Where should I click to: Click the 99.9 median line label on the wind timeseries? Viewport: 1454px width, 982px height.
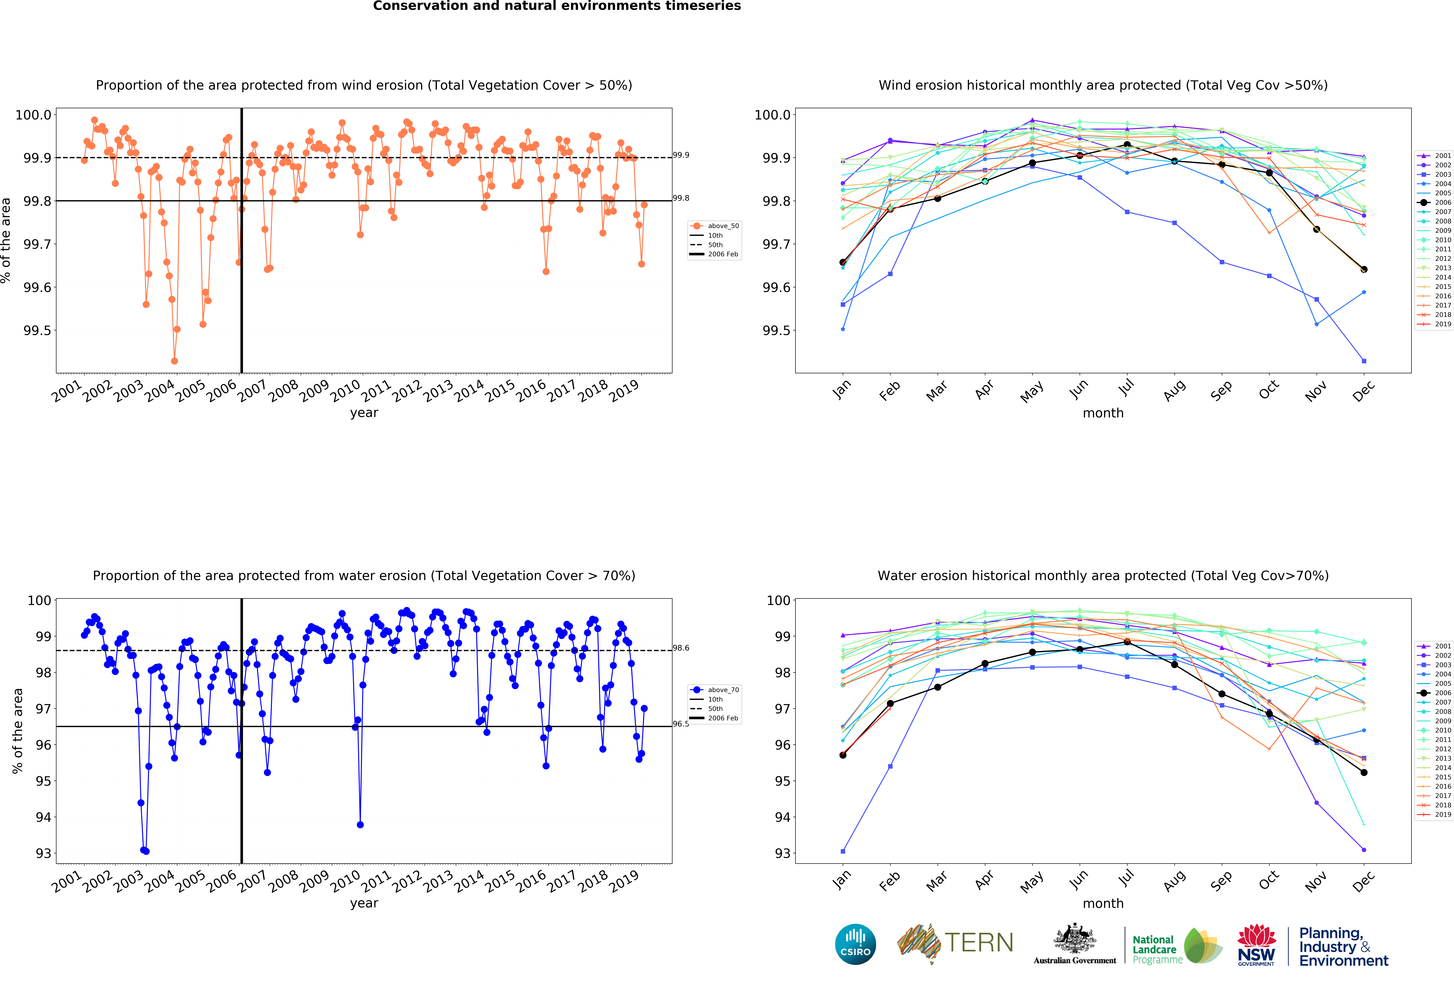click(x=681, y=155)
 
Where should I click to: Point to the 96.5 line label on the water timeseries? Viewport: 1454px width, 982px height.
click(x=681, y=724)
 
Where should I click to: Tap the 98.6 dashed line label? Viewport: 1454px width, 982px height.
click(x=681, y=648)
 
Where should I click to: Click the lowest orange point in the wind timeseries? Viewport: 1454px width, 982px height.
click(x=175, y=361)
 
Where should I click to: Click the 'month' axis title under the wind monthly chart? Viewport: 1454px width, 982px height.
click(x=1103, y=413)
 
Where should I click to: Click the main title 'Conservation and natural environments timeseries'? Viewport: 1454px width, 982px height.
click(x=557, y=6)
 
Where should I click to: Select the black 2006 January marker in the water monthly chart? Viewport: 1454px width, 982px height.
click(x=843, y=755)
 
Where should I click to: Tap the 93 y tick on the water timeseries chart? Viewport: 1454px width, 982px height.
click(x=43, y=853)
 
